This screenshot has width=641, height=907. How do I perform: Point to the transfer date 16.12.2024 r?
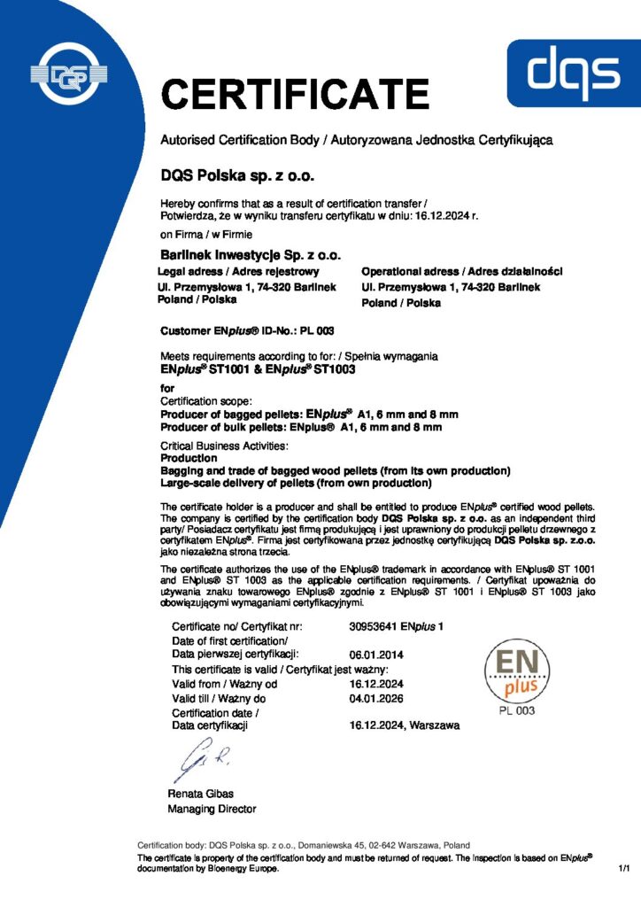tap(447, 214)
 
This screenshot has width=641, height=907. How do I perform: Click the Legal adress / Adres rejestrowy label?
tap(238, 271)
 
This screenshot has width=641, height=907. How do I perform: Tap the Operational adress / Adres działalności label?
tap(462, 271)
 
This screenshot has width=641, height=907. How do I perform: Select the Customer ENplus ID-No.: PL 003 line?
tap(247, 331)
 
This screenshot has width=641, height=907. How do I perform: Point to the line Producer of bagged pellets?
tap(309, 414)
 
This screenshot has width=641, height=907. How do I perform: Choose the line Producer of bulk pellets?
tap(301, 427)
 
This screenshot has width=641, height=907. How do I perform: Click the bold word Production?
tap(189, 458)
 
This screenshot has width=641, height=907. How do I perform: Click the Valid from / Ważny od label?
tap(225, 684)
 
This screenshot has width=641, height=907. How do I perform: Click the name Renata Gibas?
tap(200, 794)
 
